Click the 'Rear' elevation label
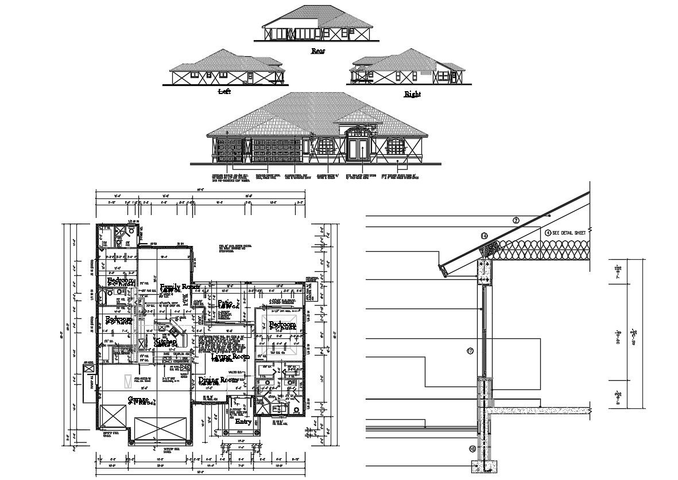tap(317, 51)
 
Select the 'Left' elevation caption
tap(224, 91)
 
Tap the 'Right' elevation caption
tap(412, 94)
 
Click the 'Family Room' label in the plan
tap(180, 287)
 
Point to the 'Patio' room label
tap(224, 303)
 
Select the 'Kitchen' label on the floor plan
tap(165, 341)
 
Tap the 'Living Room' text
tap(230, 357)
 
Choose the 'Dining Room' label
tap(218, 380)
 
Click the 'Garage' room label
tap(138, 399)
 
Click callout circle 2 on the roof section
tap(516, 221)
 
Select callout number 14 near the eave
tap(484, 236)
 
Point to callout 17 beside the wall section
tap(470, 351)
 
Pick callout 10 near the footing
tap(472, 449)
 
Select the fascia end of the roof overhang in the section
tap(442, 268)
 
